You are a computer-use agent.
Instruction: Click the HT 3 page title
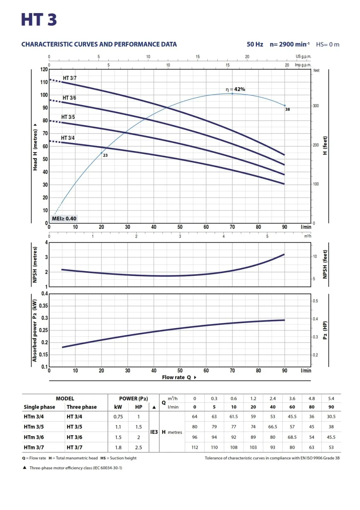(x=39, y=20)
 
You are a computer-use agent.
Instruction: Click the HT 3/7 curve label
(x=70, y=78)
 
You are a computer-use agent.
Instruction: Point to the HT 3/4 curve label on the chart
(x=68, y=138)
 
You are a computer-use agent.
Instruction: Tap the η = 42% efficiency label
(x=235, y=89)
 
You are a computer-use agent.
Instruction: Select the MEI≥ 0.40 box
(x=64, y=219)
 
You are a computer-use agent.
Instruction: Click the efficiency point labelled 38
(x=285, y=106)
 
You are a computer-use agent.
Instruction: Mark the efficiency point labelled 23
(x=102, y=153)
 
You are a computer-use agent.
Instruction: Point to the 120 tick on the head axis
(x=44, y=69)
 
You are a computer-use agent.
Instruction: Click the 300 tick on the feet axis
(x=316, y=106)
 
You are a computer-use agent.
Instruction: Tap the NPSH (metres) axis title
(x=35, y=265)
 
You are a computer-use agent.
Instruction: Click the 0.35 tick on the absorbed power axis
(x=43, y=306)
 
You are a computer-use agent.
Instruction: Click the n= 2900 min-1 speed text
(x=290, y=44)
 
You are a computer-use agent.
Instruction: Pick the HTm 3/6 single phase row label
(x=34, y=437)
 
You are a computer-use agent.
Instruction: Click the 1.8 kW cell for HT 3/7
(x=118, y=447)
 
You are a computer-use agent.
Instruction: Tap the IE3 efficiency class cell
(x=154, y=432)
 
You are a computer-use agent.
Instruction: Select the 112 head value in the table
(x=195, y=447)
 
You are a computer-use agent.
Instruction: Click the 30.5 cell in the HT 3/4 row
(x=331, y=416)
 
